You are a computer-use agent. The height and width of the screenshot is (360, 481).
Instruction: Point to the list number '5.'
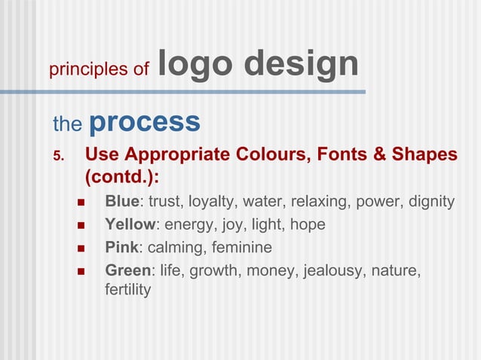(x=60, y=156)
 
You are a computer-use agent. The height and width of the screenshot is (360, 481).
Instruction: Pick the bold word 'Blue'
(x=122, y=202)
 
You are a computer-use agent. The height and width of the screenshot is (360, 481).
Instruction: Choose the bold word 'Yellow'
(x=130, y=224)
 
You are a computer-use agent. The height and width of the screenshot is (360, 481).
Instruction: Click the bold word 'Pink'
(x=121, y=247)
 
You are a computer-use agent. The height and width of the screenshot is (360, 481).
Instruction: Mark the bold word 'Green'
(x=127, y=270)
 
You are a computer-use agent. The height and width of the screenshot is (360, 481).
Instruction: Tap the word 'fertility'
(x=128, y=289)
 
